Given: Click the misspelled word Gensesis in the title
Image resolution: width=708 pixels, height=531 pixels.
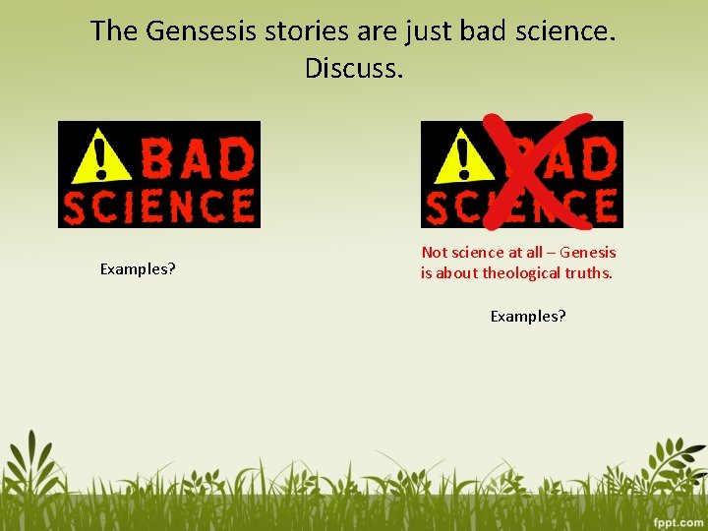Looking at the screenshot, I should tap(203, 31).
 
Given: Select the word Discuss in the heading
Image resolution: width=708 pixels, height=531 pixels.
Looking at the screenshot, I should tap(354, 69).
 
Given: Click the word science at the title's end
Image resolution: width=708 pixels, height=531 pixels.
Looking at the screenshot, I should tap(560, 31).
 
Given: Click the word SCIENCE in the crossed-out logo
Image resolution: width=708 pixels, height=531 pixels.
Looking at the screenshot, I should tap(521, 207).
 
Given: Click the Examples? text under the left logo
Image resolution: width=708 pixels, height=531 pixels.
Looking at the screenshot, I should tap(138, 268).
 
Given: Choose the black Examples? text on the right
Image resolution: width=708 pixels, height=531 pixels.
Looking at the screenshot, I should tap(528, 316).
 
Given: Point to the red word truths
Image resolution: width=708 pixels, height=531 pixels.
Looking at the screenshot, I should tap(589, 273).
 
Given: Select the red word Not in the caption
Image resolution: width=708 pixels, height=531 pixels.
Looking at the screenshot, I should tap(434, 253).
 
